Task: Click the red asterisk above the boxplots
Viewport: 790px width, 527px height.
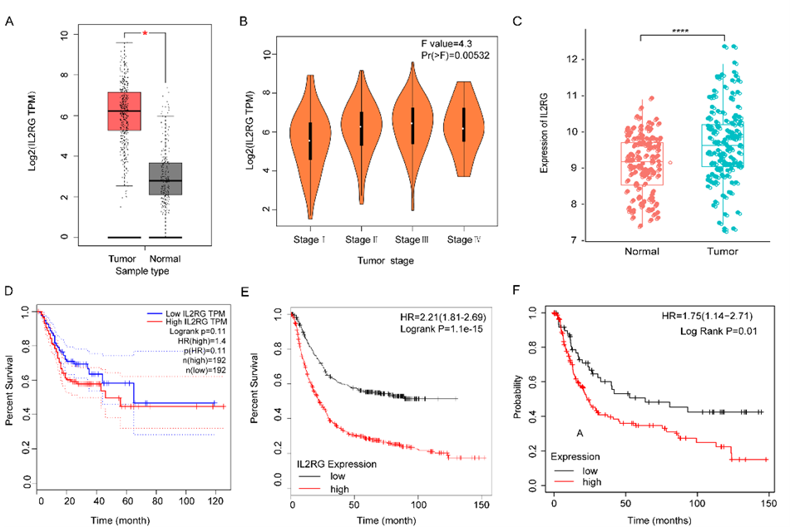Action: [x=145, y=34]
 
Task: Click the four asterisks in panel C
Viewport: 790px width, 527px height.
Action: [x=681, y=32]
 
